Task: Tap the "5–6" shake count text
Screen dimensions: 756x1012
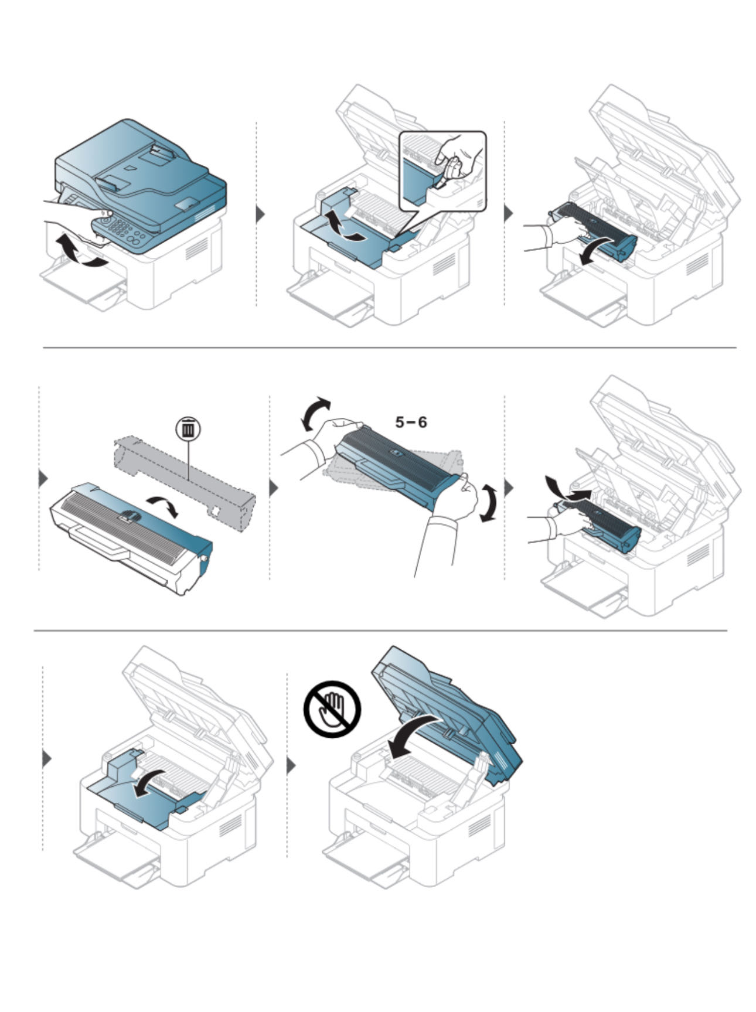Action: click(411, 422)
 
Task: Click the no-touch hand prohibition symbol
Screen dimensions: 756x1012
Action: click(332, 709)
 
